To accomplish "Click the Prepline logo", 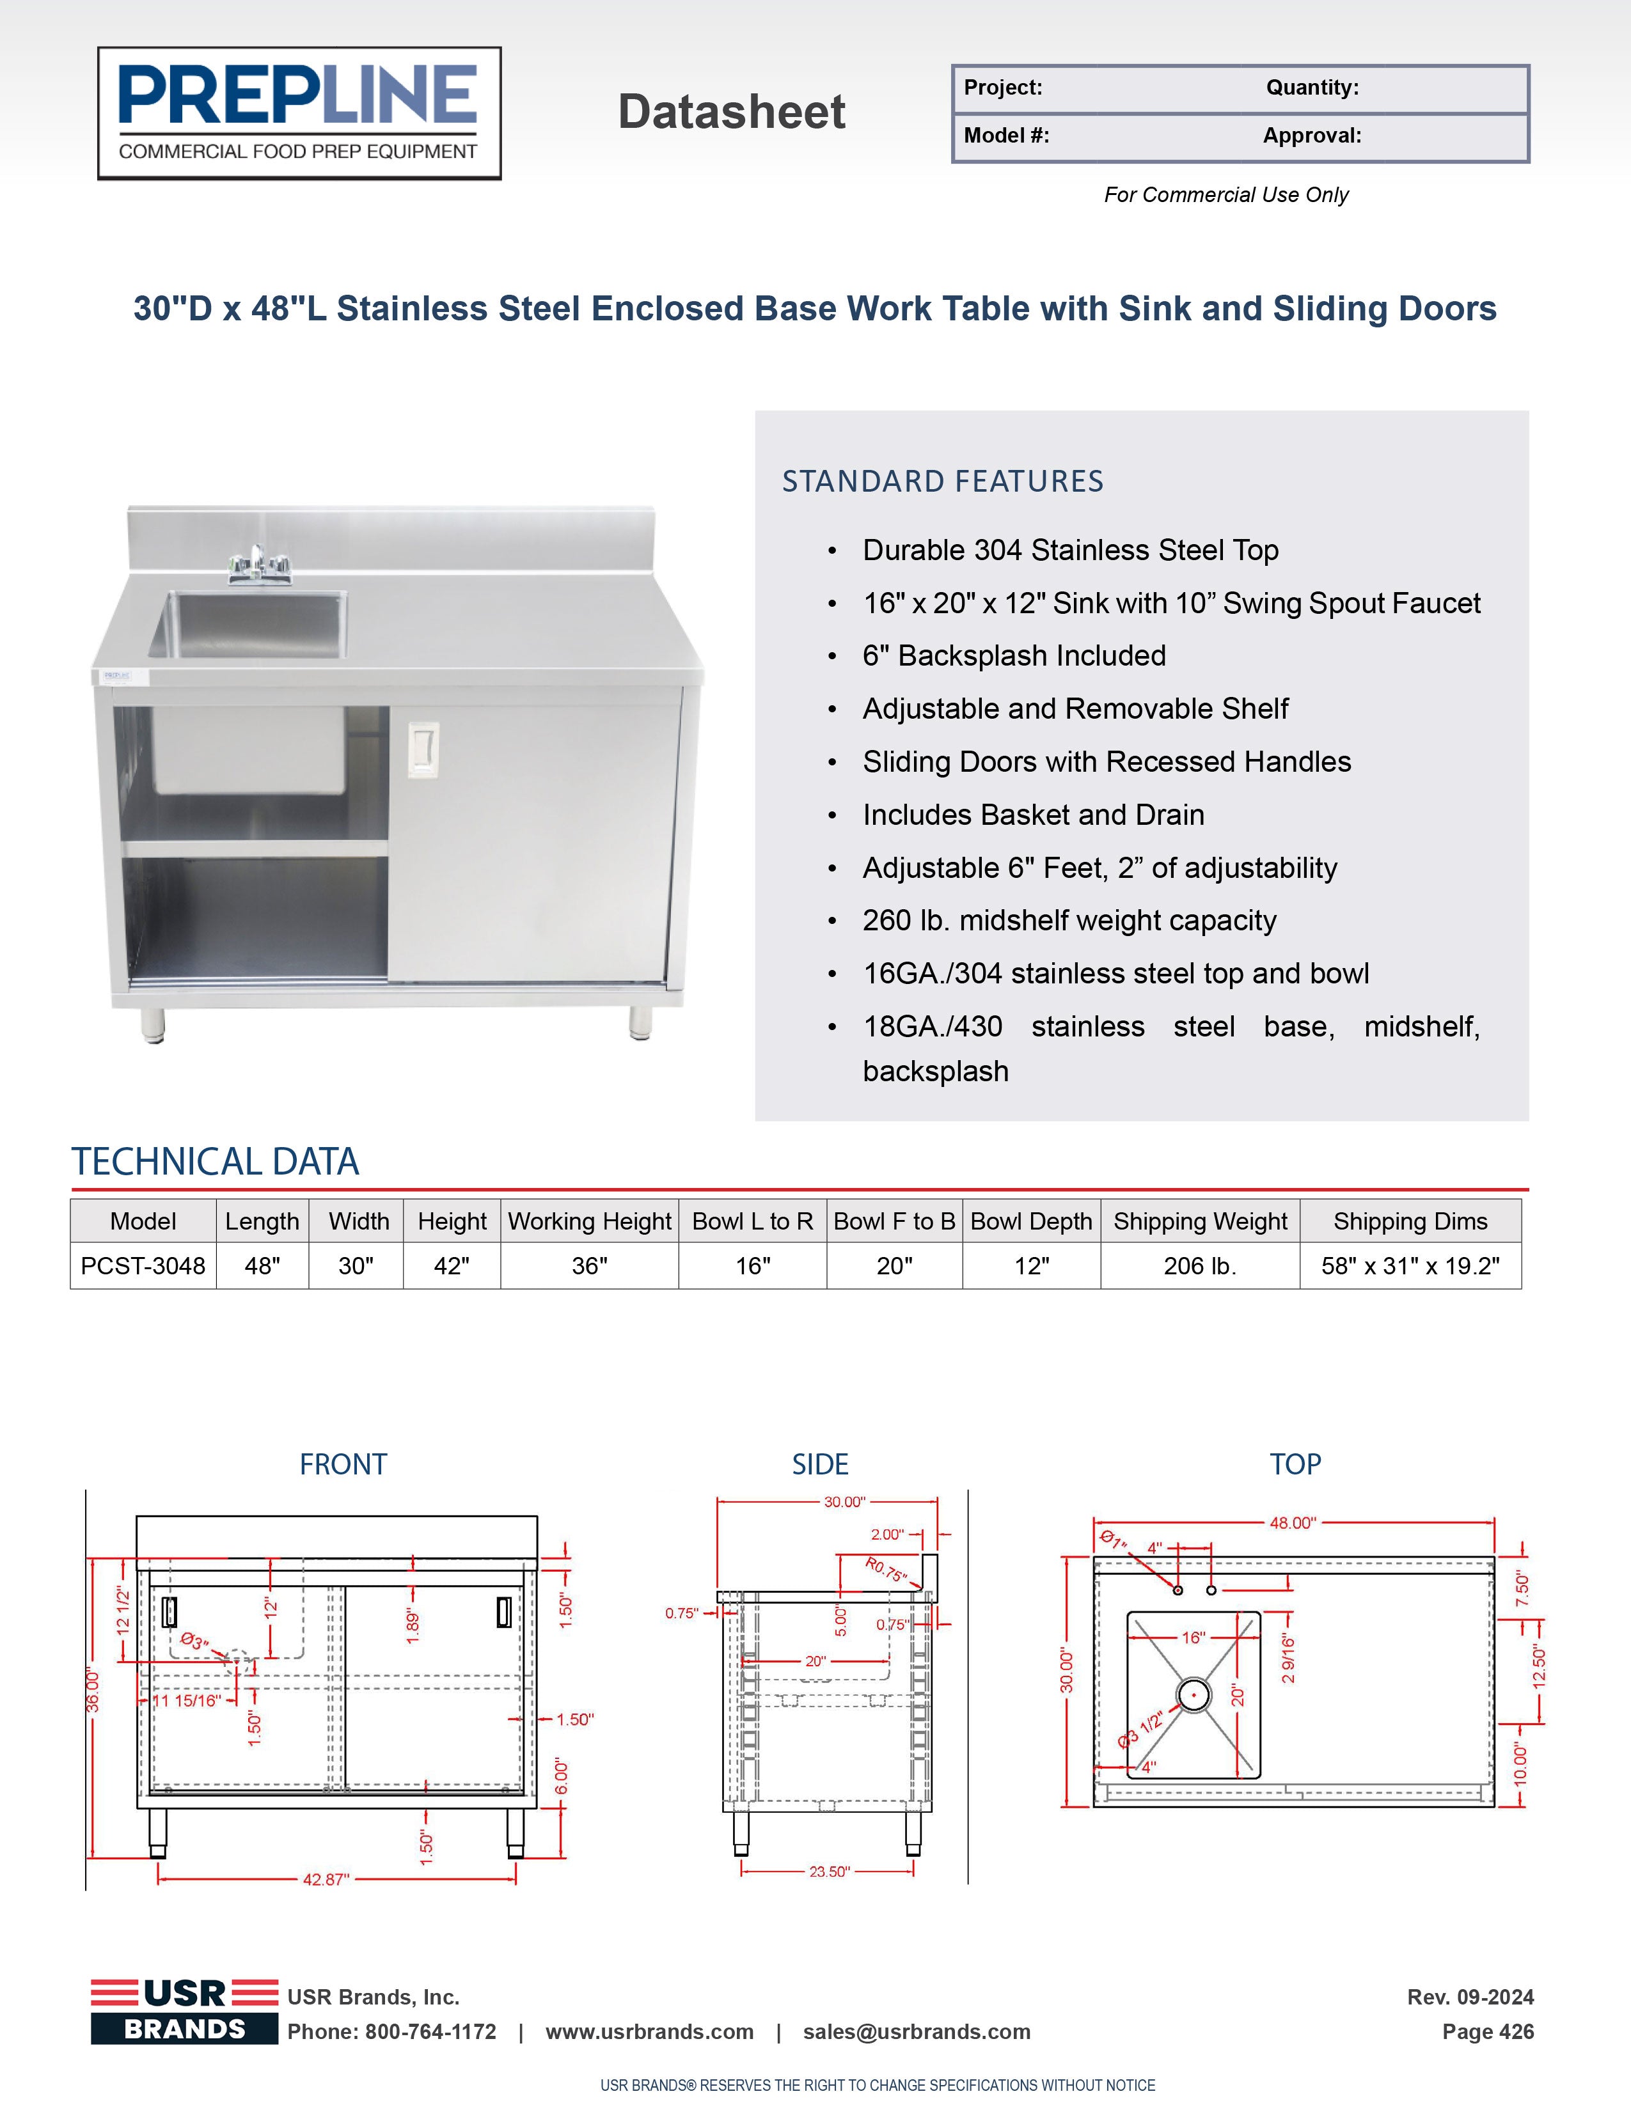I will pyautogui.click(x=299, y=113).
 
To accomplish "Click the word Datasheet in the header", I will pyautogui.click(x=732, y=112).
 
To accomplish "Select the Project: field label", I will pyautogui.click(x=1003, y=88).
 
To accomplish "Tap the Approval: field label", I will pyautogui.click(x=1311, y=136).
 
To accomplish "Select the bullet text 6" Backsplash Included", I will pyautogui.click(x=1014, y=656).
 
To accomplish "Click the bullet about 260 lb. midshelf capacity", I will pyautogui.click(x=1069, y=921).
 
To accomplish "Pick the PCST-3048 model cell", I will pyautogui.click(x=143, y=1265).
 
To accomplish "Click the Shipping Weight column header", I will pyautogui.click(x=1200, y=1221).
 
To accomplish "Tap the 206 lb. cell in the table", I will pyautogui.click(x=1200, y=1265).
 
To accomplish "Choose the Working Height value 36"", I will pyautogui.click(x=590, y=1265).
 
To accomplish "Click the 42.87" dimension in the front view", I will pyautogui.click(x=326, y=1879).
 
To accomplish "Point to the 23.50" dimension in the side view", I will pyautogui.click(x=829, y=1872).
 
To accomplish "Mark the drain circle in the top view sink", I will pyautogui.click(x=1194, y=1694).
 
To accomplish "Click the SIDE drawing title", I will pyautogui.click(x=819, y=1465).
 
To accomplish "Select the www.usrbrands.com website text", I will pyautogui.click(x=649, y=2032).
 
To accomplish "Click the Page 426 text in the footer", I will pyautogui.click(x=1487, y=2032).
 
